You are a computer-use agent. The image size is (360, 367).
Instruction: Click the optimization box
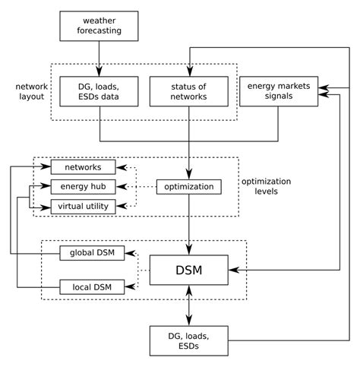click(189, 186)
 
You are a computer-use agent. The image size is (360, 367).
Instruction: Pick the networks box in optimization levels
click(83, 167)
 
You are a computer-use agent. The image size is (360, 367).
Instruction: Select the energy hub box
click(83, 186)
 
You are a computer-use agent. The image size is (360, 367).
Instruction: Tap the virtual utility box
click(83, 205)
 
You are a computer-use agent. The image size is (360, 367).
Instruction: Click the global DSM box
click(91, 253)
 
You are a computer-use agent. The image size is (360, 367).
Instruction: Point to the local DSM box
click(91, 286)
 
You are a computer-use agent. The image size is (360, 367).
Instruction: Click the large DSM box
click(189, 270)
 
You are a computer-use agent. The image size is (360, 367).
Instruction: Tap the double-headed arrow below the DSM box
click(189, 308)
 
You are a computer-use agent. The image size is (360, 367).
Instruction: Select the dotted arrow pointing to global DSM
click(133, 254)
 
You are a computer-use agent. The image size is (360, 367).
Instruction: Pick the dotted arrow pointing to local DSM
click(133, 286)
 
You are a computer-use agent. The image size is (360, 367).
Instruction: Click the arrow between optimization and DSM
click(189, 224)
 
